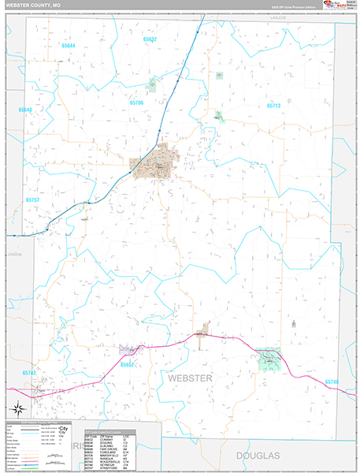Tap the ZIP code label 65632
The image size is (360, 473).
[x=150, y=39]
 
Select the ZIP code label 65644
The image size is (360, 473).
[x=69, y=46]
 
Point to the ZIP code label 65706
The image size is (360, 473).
[x=137, y=103]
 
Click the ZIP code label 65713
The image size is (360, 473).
[x=273, y=105]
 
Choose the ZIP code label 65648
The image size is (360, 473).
[x=26, y=110]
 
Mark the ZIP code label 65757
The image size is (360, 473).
[x=32, y=200]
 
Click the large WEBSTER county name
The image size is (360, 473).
[x=190, y=379]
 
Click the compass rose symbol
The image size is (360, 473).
[x=17, y=408]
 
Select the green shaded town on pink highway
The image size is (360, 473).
[x=270, y=359]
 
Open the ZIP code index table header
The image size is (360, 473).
[x=110, y=435]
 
